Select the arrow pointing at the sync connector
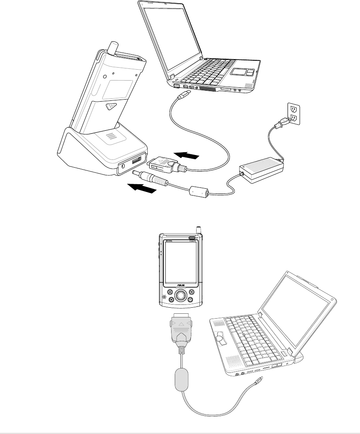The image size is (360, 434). [187, 155]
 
